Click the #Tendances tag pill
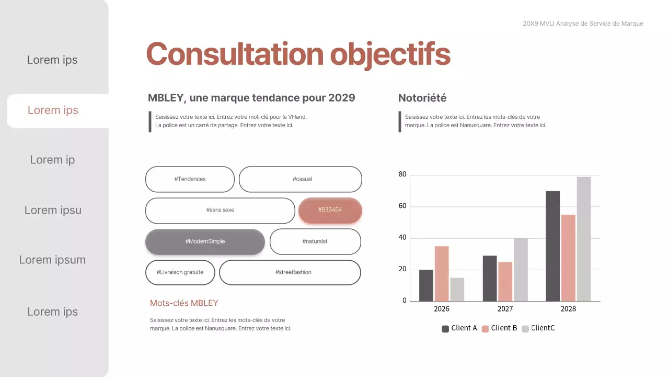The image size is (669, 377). point(190,179)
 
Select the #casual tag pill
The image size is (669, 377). point(301,179)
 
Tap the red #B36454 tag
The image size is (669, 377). point(330,210)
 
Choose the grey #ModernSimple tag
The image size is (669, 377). point(205,241)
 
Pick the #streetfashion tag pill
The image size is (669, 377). point(290,272)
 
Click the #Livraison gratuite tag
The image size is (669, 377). point(180,272)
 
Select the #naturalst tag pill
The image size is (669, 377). point(315,241)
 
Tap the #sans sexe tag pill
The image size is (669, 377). point(220,210)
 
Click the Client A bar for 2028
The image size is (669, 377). point(552,246)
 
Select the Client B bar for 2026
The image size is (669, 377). point(442,273)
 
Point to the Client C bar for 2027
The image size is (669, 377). point(521,270)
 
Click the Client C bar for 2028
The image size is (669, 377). point(584,239)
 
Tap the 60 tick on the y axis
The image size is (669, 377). point(402,206)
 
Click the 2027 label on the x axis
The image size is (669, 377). point(505,309)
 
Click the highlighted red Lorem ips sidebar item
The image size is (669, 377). point(53,110)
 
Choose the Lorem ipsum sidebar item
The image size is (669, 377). point(52,260)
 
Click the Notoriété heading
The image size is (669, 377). point(422,98)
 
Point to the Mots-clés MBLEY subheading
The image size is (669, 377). point(184,303)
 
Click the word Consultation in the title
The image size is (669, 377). point(235,54)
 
